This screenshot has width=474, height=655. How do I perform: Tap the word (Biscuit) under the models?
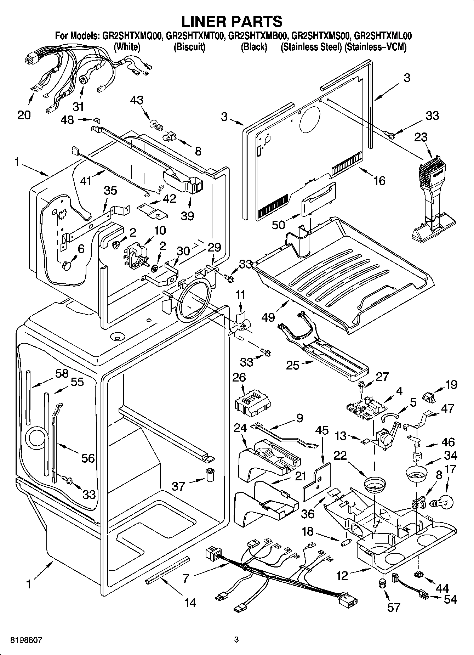(189, 47)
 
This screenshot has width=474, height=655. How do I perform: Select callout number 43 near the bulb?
(137, 100)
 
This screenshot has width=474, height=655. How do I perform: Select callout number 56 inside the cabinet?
(88, 458)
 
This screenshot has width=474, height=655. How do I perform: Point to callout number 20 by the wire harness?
(24, 115)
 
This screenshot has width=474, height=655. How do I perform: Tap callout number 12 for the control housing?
(342, 576)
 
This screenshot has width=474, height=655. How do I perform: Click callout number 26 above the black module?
(239, 377)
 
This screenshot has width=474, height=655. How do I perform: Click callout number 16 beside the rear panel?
(379, 180)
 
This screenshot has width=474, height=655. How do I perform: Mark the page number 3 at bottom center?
(236, 640)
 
